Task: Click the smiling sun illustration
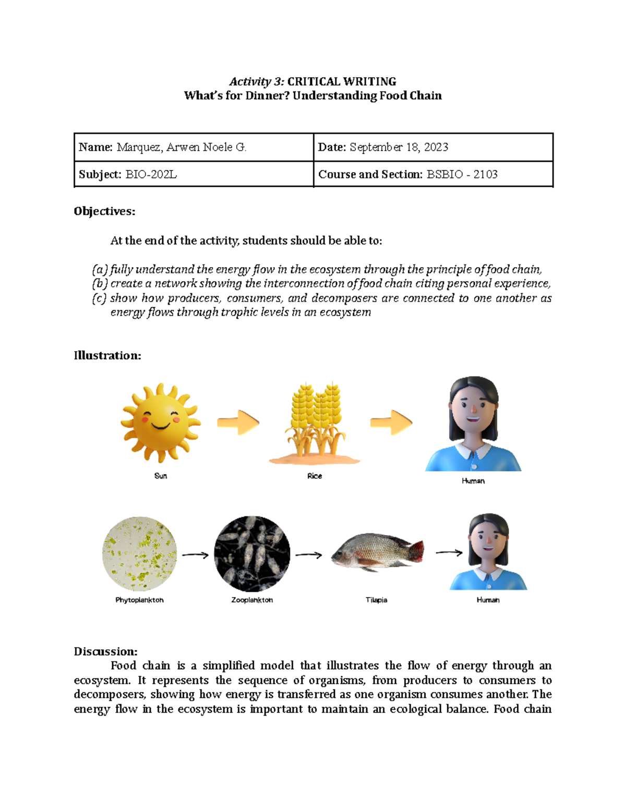click(160, 422)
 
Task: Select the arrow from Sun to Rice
click(238, 422)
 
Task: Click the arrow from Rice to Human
click(391, 422)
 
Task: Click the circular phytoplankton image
click(139, 554)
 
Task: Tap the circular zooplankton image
click(252, 554)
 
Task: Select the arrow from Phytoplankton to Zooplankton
click(195, 555)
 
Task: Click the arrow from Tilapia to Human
click(449, 552)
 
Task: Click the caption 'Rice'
click(315, 476)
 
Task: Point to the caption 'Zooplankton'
click(252, 600)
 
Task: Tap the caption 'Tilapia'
click(376, 600)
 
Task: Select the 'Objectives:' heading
click(104, 211)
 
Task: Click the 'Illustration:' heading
click(107, 356)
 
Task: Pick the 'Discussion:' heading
click(105, 651)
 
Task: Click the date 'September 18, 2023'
click(399, 148)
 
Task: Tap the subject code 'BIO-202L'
click(151, 175)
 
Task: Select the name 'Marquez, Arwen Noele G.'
click(181, 148)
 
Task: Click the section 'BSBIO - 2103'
click(462, 175)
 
